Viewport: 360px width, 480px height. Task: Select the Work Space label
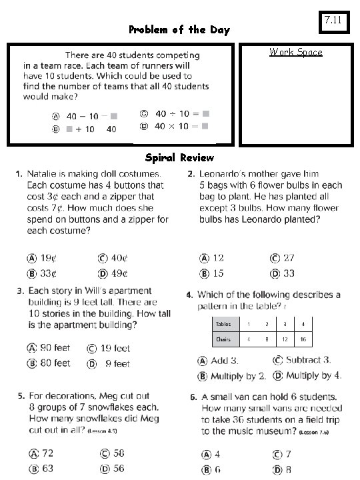click(295, 53)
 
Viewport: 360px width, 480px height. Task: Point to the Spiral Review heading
click(180, 158)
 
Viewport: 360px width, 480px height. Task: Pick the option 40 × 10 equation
click(175, 126)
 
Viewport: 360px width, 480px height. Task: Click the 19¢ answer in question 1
click(42, 258)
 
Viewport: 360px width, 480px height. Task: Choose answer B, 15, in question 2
click(212, 273)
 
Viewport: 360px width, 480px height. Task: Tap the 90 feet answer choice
click(49, 348)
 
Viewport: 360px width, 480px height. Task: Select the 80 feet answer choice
click(49, 363)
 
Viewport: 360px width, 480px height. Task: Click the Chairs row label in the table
click(223, 339)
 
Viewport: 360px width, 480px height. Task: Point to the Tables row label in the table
click(223, 324)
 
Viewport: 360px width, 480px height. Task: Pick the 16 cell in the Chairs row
click(303, 339)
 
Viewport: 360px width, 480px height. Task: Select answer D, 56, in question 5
click(112, 469)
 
